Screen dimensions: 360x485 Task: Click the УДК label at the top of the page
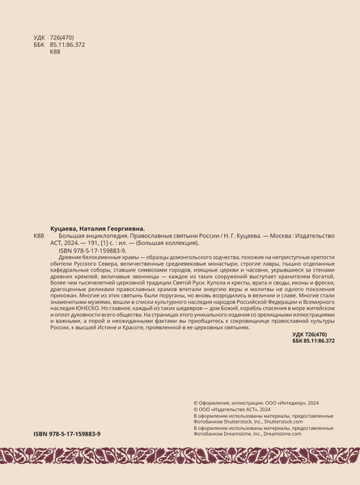(x=40, y=38)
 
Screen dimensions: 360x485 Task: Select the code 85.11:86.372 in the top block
(x=67, y=45)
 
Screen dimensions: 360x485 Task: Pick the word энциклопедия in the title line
(x=109, y=236)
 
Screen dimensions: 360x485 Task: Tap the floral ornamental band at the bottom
(x=180, y=458)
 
